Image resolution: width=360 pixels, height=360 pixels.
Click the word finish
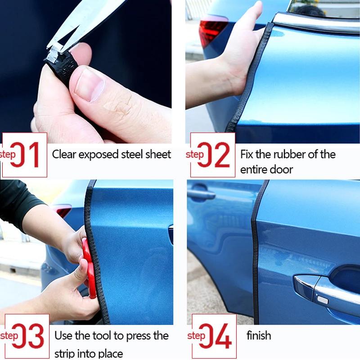259,335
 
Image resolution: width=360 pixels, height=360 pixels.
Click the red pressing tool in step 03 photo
89,268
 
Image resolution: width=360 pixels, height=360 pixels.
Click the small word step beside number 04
196,336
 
